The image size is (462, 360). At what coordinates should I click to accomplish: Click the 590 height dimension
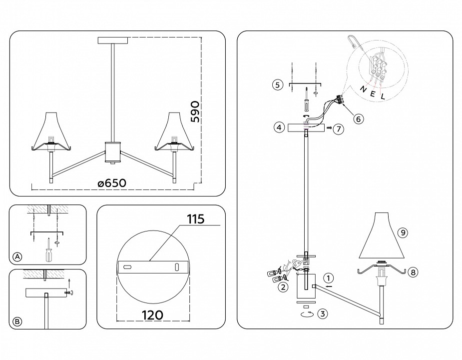click(195, 111)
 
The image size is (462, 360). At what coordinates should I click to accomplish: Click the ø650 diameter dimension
click(112, 182)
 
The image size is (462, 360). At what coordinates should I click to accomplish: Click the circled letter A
click(17, 257)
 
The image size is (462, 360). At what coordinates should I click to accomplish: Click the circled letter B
click(17, 322)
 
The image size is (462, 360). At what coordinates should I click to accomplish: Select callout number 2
click(283, 286)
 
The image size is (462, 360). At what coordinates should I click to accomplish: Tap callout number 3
click(323, 314)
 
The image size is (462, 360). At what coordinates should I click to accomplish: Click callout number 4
click(280, 127)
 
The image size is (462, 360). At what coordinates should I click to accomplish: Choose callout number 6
click(357, 118)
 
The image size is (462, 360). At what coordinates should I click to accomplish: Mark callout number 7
click(338, 129)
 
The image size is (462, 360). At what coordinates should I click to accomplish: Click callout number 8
click(412, 272)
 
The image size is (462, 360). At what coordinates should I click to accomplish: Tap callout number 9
click(402, 232)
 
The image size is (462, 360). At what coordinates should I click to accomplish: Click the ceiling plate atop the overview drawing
click(113, 40)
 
